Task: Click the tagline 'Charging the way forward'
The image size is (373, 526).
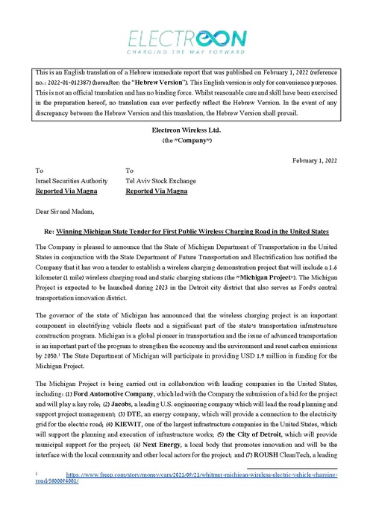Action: click(x=186, y=54)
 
